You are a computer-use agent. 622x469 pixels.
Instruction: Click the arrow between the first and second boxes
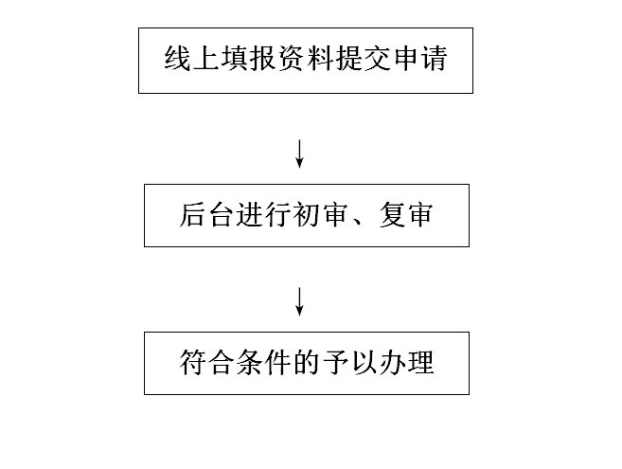tap(300, 153)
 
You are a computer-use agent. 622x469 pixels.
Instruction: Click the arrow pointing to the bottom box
tap(300, 300)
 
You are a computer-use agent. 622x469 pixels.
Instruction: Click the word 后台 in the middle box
tap(204, 215)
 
